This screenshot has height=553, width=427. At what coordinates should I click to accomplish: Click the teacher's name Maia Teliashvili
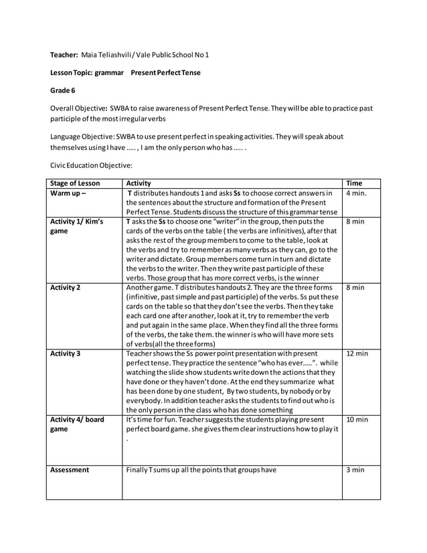107,54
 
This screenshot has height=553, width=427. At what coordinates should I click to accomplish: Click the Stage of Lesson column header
76,183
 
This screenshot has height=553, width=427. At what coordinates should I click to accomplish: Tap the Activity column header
139,183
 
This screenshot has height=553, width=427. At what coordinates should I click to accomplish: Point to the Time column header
354,183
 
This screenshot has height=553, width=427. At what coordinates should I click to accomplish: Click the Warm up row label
69,194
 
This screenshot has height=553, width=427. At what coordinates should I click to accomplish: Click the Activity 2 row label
66,287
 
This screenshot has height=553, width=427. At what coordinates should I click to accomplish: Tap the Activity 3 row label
66,353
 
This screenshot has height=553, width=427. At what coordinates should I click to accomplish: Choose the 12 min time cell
357,353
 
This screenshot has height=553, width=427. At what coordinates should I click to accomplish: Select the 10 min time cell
357,420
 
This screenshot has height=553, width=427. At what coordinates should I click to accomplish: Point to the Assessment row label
70,470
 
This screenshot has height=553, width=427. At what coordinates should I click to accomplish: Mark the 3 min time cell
355,470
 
